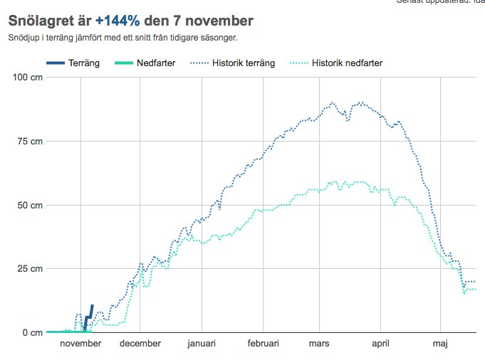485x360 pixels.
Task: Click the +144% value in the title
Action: [117, 21]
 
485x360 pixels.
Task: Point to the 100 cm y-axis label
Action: [28, 77]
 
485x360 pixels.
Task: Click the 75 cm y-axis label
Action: [31, 141]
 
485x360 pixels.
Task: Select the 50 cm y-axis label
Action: [31, 205]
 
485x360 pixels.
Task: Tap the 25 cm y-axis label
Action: [31, 269]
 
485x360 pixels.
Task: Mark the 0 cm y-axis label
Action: [33, 332]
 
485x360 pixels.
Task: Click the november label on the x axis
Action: [80, 344]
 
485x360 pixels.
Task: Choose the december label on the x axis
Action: [140, 344]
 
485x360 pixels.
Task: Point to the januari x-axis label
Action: [202, 344]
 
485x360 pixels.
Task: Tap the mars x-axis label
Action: [318, 344]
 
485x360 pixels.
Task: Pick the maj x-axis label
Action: [440, 344]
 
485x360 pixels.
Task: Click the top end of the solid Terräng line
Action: [93, 305]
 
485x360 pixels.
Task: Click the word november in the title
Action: [214, 21]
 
